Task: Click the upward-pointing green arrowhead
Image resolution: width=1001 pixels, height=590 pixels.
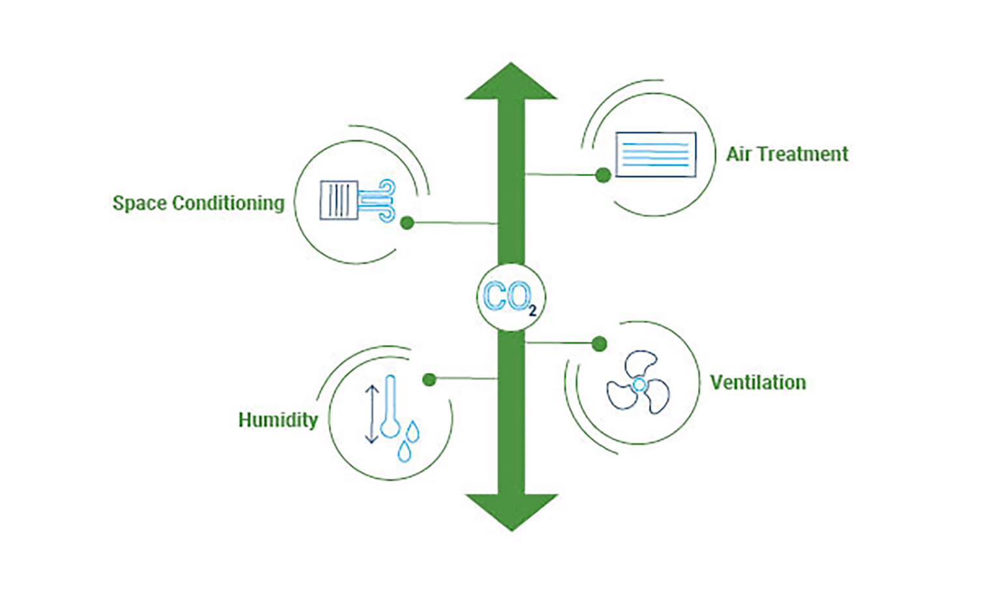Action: [x=511, y=83]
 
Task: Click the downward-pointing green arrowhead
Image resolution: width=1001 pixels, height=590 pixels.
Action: [x=511, y=509]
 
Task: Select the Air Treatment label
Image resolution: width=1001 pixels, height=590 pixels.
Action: [x=787, y=154]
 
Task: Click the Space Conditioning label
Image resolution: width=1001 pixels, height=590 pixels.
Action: [x=198, y=203]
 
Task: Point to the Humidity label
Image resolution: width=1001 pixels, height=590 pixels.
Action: [x=278, y=420]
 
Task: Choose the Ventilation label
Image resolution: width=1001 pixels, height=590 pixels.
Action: [x=757, y=382]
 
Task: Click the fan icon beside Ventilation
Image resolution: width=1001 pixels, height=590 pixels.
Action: [x=638, y=384]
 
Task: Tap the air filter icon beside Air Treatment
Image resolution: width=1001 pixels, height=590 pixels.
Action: [x=656, y=154]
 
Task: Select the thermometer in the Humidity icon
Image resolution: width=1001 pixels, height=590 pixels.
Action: [x=390, y=408]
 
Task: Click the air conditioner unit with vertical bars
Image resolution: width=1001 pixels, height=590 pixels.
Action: [x=338, y=200]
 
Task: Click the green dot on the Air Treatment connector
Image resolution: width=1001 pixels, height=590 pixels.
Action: [x=603, y=175]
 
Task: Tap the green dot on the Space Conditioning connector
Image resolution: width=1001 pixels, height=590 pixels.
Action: [x=407, y=223]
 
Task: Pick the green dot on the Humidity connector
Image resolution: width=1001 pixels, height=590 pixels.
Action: [x=429, y=379]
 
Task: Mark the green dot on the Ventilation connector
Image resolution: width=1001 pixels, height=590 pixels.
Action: [x=600, y=343]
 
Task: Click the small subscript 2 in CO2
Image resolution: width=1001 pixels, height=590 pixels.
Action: [x=532, y=311]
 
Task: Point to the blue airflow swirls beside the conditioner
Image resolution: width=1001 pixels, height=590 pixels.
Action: [x=379, y=200]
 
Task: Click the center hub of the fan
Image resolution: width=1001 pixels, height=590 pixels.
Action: [x=639, y=385]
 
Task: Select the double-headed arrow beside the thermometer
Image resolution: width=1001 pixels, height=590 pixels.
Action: [x=371, y=414]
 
